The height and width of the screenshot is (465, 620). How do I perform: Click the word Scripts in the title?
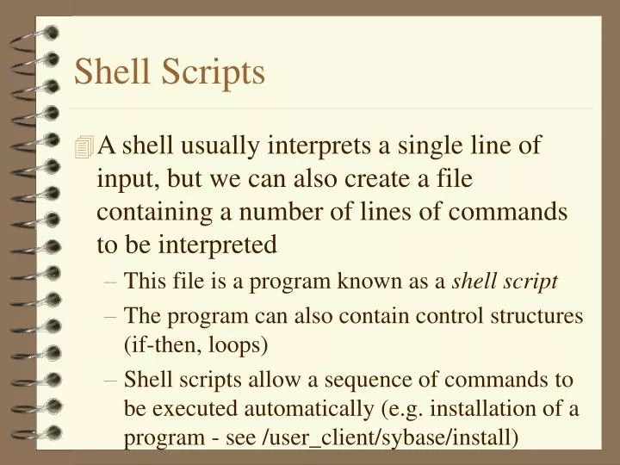point(219,71)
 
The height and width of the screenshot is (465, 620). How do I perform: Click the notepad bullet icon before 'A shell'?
point(84,148)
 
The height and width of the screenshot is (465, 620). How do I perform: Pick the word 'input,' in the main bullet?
point(129,179)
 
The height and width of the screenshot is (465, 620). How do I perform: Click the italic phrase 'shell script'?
point(505,282)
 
